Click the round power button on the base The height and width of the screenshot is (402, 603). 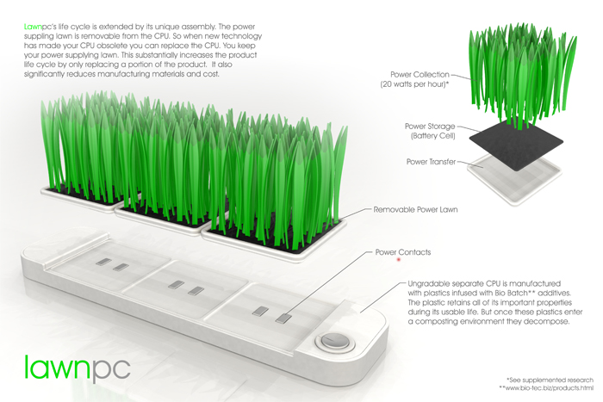pos(334,341)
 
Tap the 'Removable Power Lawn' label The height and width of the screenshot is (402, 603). pos(416,210)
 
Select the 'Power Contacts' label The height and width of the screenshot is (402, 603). pos(403,252)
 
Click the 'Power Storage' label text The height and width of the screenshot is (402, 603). pos(430,127)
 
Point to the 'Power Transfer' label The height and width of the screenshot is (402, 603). pos(431,162)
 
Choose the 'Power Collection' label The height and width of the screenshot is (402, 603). pos(420,75)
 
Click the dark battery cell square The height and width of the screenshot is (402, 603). pos(516,144)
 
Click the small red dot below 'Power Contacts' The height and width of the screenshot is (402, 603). pos(399,260)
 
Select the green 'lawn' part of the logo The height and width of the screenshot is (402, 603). pos(58,367)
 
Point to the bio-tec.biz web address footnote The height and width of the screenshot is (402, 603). pos(546,388)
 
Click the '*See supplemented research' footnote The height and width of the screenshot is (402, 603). pos(550,380)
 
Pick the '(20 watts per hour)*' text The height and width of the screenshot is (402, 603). pos(414,84)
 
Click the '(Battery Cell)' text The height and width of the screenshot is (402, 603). pos(433,136)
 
